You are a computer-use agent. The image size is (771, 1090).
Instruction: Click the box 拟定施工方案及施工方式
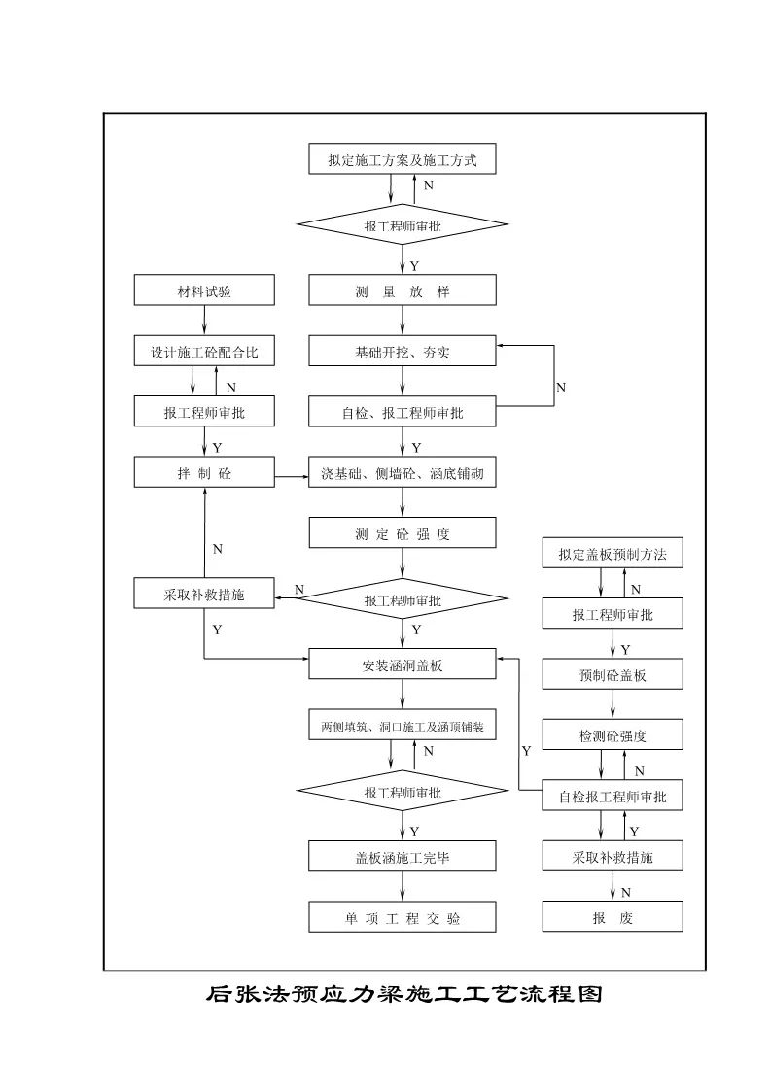(x=403, y=159)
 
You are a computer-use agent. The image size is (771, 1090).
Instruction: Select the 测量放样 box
(x=403, y=291)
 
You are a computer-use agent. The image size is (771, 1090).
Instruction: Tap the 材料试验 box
(x=204, y=291)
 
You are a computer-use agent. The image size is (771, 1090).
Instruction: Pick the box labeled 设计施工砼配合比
(x=204, y=352)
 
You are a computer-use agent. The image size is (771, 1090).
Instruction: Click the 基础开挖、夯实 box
(x=403, y=352)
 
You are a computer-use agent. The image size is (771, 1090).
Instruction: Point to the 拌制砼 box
(x=204, y=474)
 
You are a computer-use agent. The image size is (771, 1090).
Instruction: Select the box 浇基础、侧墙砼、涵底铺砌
(x=403, y=474)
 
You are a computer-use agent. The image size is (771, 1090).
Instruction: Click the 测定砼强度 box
(x=403, y=533)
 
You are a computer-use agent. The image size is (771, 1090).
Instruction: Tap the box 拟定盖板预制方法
(x=613, y=555)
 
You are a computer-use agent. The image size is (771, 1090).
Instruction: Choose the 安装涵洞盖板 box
(x=403, y=665)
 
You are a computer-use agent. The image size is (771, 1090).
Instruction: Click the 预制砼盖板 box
(x=613, y=675)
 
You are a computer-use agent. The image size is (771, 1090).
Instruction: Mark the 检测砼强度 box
(x=613, y=735)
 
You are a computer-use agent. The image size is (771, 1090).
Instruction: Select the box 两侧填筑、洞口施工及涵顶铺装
(x=403, y=726)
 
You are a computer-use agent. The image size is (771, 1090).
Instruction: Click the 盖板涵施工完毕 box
(x=403, y=857)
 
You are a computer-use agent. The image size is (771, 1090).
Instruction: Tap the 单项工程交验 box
(x=403, y=917)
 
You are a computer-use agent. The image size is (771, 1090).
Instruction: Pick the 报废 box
(x=613, y=917)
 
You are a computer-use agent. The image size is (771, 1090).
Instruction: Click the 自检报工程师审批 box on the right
(x=613, y=797)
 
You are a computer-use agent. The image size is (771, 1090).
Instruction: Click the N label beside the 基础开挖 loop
(x=561, y=387)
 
